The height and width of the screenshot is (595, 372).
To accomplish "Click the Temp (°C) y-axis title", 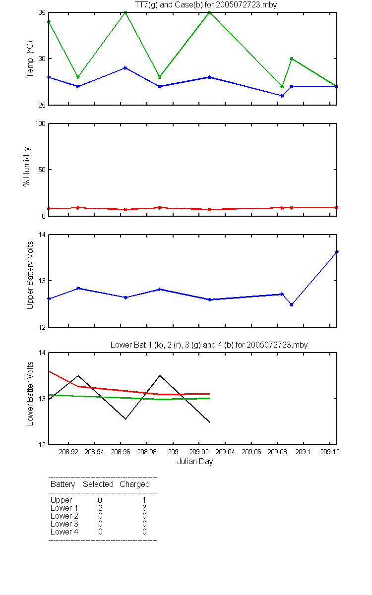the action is (x=30, y=59).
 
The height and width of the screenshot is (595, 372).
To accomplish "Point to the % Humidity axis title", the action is (x=27, y=167).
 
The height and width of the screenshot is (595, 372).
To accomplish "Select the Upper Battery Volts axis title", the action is (x=30, y=275).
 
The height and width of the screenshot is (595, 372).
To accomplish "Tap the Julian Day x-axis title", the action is (x=195, y=462).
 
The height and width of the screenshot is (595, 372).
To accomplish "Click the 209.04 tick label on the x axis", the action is (x=225, y=452).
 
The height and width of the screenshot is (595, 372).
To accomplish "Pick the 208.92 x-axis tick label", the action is (x=68, y=452).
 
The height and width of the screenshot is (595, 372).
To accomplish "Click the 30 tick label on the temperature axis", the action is (x=42, y=59).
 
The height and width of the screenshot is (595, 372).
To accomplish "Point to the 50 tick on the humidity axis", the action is (x=42, y=170).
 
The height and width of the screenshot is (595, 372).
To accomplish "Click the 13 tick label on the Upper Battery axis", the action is (x=42, y=281).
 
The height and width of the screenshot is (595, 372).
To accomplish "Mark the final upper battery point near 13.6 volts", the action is (x=337, y=252).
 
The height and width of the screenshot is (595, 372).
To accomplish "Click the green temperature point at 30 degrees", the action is (x=292, y=59).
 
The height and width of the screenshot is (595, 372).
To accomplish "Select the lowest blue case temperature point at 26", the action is (x=282, y=96).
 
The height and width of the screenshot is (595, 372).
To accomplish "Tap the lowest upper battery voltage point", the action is (x=292, y=304).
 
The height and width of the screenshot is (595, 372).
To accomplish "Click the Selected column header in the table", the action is (x=98, y=484).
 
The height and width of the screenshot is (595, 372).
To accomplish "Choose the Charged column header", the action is (x=134, y=484).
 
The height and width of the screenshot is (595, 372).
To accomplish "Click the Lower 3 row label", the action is (x=64, y=524).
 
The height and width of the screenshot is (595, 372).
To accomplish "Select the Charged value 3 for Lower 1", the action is (x=144, y=508).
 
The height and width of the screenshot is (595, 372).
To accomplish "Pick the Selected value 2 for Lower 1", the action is (x=100, y=508).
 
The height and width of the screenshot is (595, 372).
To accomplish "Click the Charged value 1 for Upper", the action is (x=144, y=500).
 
